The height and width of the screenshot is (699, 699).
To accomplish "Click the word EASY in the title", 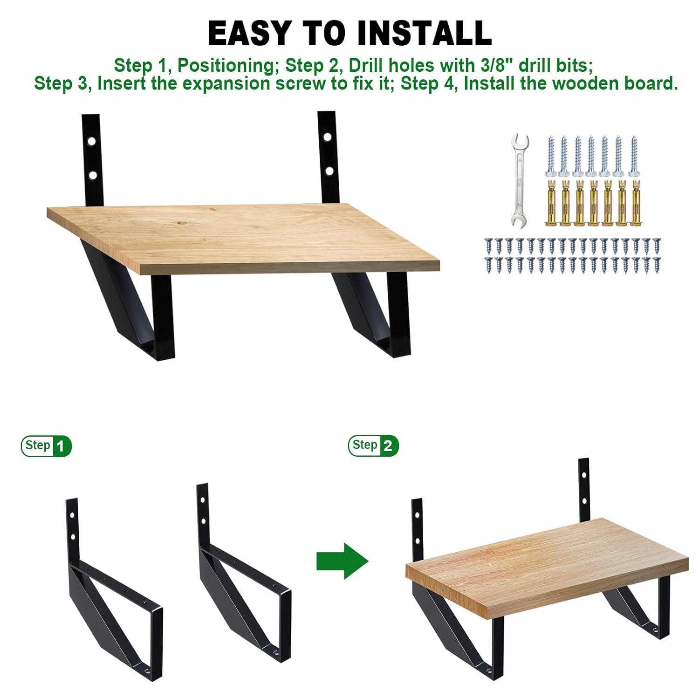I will coord(249,33).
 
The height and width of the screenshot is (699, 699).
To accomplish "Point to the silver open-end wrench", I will coord(520,180).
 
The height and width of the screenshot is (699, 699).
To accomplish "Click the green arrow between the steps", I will coord(343,561).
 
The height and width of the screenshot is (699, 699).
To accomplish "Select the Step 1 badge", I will coord(46,446).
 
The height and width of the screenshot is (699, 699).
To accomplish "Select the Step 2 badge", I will coord(373,446).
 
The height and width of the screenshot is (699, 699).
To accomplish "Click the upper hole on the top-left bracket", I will coord(92,140).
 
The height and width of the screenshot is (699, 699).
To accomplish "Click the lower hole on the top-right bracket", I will coord(329,171).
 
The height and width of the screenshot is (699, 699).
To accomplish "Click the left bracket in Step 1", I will coord(112,592).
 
